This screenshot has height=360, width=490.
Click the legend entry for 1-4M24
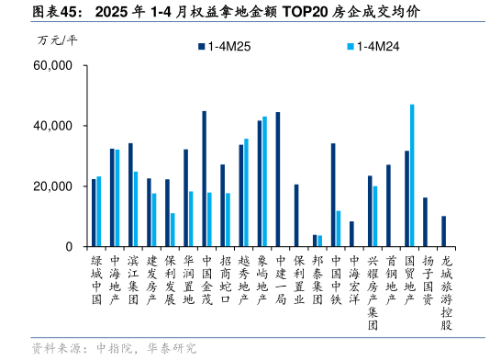[x=379, y=46]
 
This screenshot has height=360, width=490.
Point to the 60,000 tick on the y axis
[x=52, y=66]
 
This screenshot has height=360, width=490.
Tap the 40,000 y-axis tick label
[x=52, y=126]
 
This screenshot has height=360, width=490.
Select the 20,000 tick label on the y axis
[x=52, y=186]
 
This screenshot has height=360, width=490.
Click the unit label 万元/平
[x=57, y=40]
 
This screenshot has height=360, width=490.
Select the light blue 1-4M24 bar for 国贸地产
[x=412, y=175]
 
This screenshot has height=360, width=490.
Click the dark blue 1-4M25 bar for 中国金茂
[x=204, y=179]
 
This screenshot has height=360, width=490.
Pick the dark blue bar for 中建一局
[x=278, y=179]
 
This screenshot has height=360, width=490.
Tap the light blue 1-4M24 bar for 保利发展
[x=173, y=230]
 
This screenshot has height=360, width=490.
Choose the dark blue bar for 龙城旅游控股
[x=444, y=231]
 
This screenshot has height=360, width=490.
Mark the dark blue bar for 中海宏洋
[x=351, y=234]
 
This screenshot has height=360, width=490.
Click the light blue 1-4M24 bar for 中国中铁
[x=339, y=229]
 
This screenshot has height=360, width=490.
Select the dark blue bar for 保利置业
[x=296, y=216]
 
